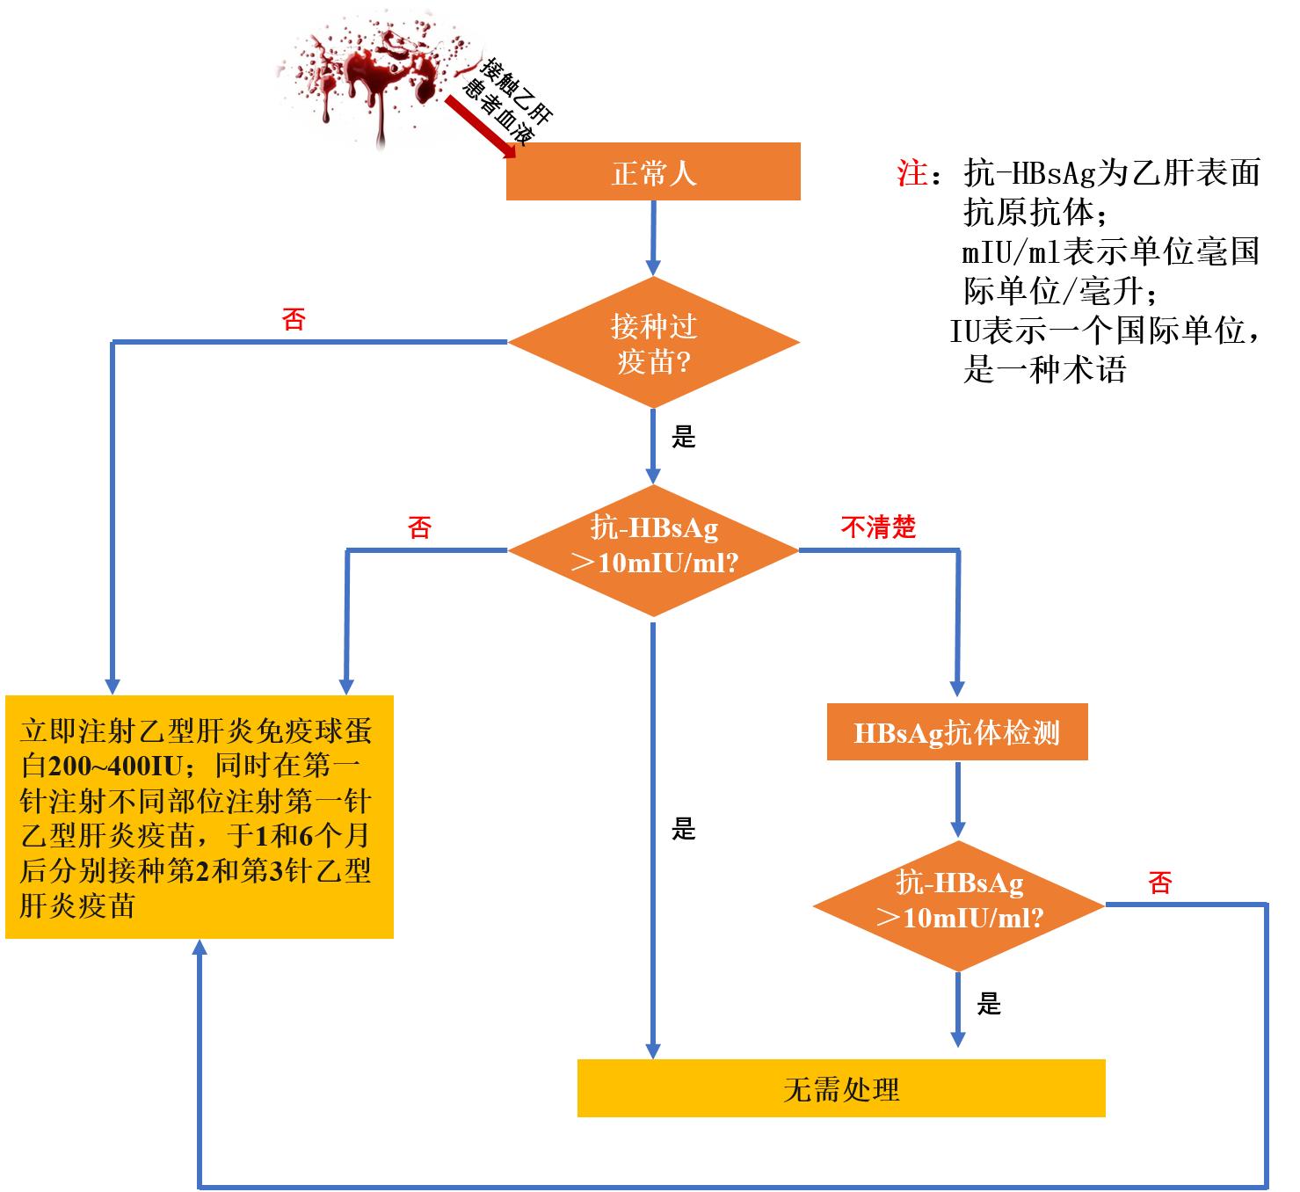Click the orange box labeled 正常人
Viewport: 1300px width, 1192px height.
tap(652, 172)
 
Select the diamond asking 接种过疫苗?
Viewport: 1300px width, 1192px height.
tap(653, 343)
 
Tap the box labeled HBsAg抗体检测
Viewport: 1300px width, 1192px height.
tap(956, 732)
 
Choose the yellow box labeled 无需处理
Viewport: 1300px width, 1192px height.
tap(840, 1089)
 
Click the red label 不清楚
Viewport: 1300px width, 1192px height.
tap(878, 527)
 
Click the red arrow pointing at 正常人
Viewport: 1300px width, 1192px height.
tap(479, 127)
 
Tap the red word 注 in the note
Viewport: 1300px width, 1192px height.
tap(911, 172)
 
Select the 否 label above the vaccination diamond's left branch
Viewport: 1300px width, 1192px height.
tap(294, 318)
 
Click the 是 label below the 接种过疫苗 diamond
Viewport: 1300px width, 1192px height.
tap(683, 437)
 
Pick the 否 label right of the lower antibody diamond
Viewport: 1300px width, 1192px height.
tap(1160, 883)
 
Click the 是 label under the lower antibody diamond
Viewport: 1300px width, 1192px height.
tap(989, 1004)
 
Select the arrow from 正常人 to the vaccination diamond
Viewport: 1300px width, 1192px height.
tap(652, 237)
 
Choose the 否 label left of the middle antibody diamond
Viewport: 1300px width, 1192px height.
tap(419, 528)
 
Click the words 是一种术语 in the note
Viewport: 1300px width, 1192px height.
tap(1044, 369)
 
